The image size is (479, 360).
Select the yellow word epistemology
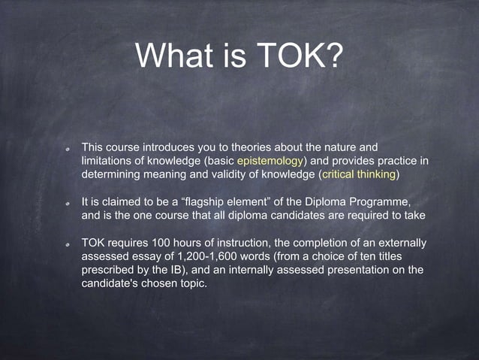(270, 161)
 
